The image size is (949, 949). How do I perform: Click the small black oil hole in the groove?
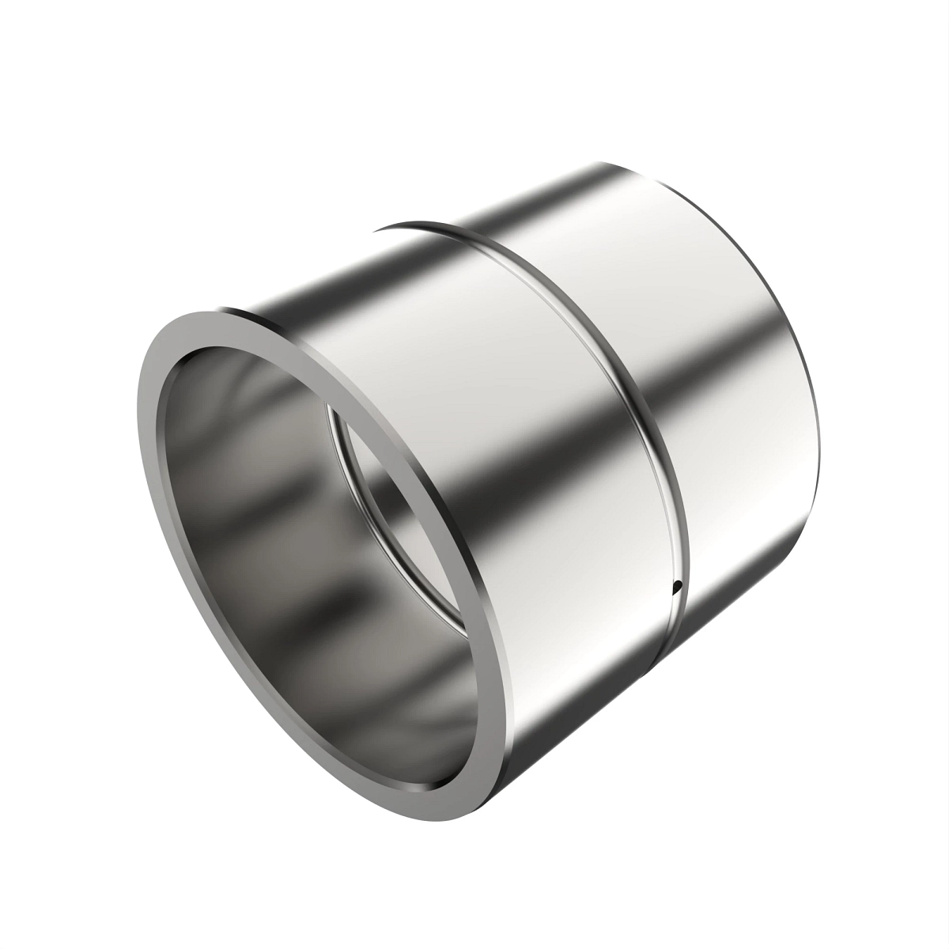[x=677, y=587]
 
